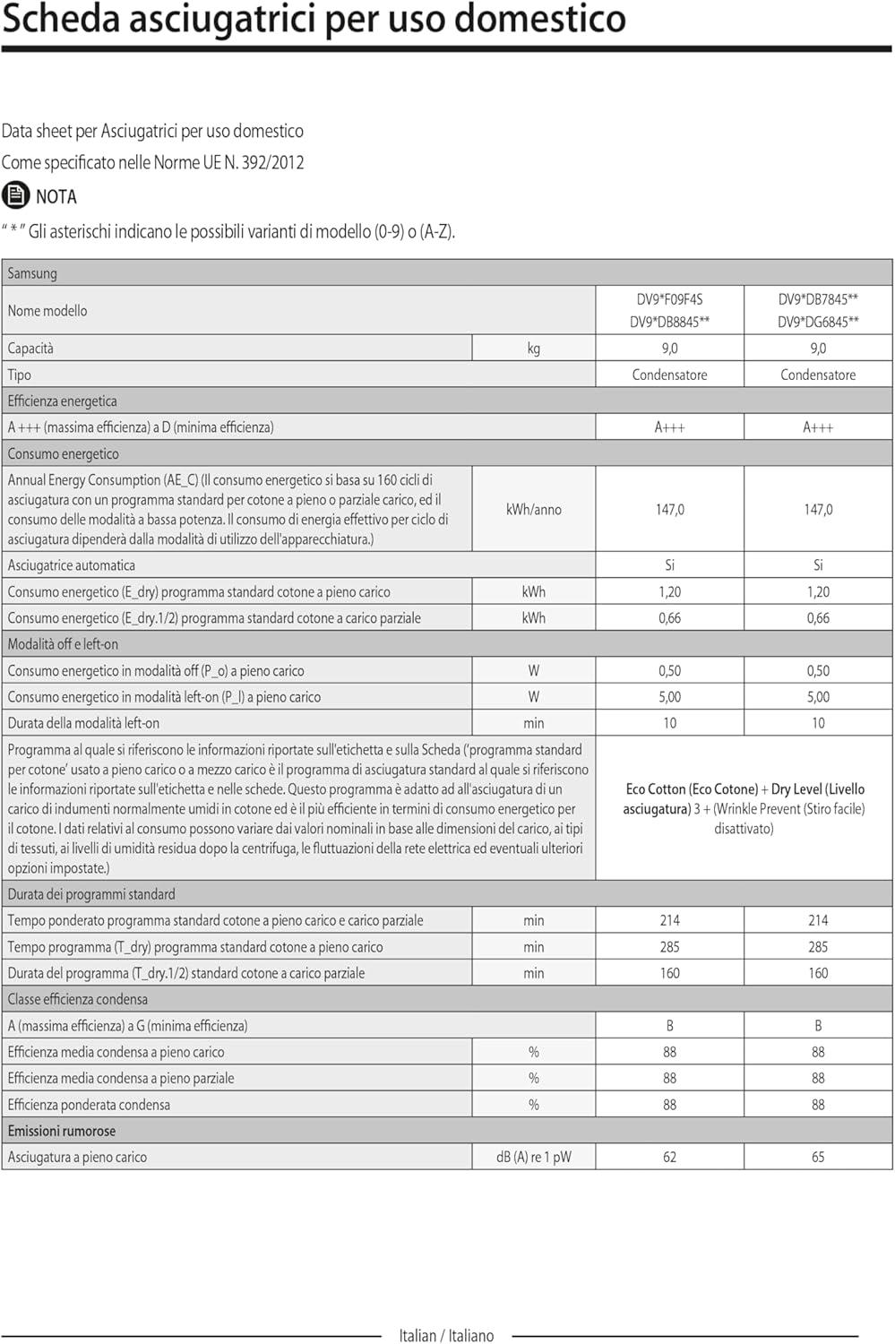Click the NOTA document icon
(15, 194)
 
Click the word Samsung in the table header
(32, 273)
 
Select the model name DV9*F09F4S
(669, 299)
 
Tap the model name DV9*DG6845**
(818, 322)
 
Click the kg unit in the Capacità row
(534, 349)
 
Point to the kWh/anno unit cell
(534, 509)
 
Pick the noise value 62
(669, 1157)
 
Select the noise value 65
(818, 1157)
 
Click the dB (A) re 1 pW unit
(534, 1157)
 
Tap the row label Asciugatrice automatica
(72, 565)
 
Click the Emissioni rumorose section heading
(62, 1131)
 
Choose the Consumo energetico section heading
(64, 453)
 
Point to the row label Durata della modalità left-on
(83, 723)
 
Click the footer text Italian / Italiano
(446, 1335)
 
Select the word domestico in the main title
(547, 19)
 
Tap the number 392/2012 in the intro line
(272, 162)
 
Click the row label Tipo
(20, 375)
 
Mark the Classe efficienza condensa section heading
(78, 999)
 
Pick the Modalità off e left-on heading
(63, 644)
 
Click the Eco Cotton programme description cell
(744, 808)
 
